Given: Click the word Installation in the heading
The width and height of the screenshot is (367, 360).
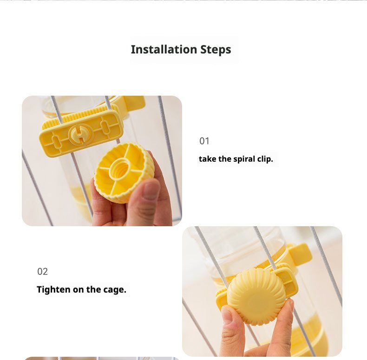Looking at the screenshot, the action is [x=164, y=49].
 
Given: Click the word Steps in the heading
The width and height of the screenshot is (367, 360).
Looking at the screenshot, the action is [x=216, y=50].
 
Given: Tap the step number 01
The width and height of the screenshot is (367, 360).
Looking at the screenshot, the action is [x=204, y=141].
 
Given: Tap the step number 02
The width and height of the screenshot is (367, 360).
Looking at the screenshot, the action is [x=42, y=272].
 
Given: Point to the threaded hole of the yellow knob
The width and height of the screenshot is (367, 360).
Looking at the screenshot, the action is [x=120, y=168].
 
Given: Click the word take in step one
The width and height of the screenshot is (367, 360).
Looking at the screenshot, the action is [x=207, y=159].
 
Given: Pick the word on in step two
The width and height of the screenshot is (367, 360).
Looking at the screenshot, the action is [x=78, y=290].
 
